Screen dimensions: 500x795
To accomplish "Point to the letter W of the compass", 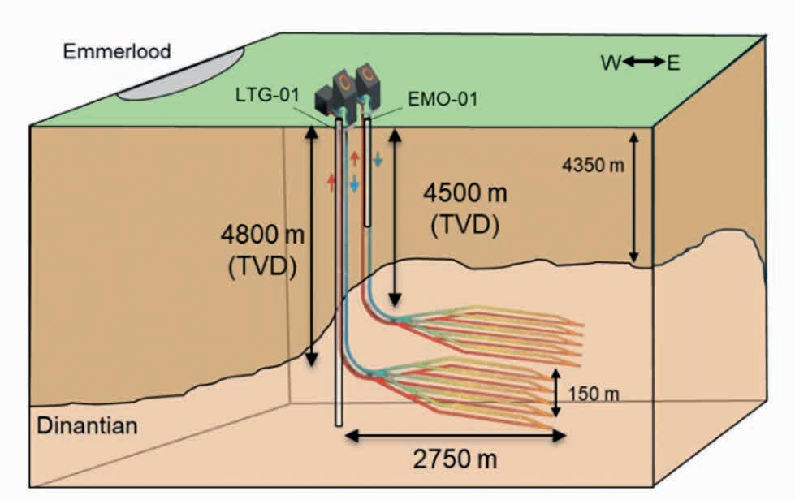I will [x=611, y=62].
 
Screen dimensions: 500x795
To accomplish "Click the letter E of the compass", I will [x=673, y=62].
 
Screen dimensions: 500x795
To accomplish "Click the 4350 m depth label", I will [x=594, y=166].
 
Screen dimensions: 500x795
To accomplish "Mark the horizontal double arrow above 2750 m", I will [x=455, y=436].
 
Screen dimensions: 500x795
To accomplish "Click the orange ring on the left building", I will [x=343, y=84].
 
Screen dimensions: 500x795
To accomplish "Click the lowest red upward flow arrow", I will [x=331, y=181].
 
